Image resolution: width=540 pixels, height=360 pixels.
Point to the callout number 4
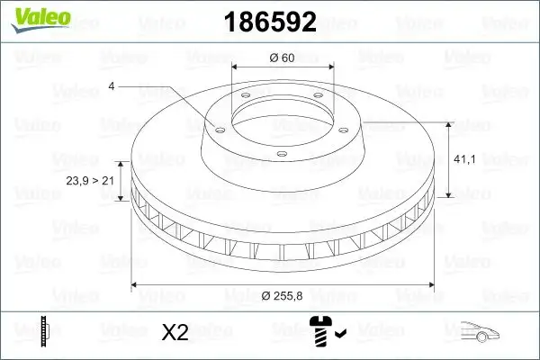[x=112, y=86]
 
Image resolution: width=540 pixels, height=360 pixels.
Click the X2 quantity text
[x=174, y=332]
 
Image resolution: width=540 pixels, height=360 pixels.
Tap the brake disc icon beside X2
[x=46, y=331]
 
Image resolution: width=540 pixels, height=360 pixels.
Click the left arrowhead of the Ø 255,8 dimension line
[x=135, y=285]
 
